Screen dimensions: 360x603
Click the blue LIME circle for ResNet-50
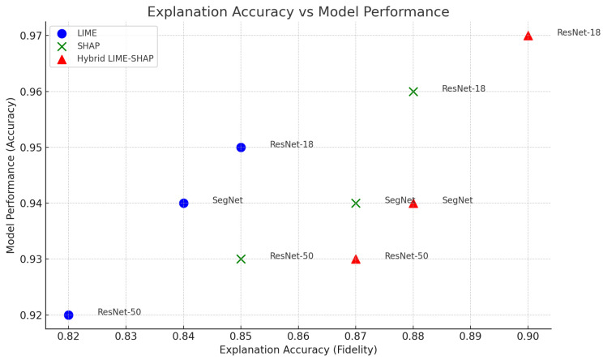pyautogui.click(x=68, y=315)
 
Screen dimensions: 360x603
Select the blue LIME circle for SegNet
pyautogui.click(x=183, y=203)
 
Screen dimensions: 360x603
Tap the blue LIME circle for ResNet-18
pyautogui.click(x=241, y=147)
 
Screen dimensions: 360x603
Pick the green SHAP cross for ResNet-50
pyautogui.click(x=241, y=259)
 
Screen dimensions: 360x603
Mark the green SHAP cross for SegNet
pyautogui.click(x=356, y=203)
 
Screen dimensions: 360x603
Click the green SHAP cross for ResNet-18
pyautogui.click(x=413, y=92)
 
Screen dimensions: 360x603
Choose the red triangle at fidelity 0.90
pyautogui.click(x=528, y=36)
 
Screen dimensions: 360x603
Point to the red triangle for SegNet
pyautogui.click(x=413, y=203)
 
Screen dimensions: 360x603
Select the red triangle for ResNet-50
pyautogui.click(x=356, y=259)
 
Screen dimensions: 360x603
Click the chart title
pyautogui.click(x=297, y=11)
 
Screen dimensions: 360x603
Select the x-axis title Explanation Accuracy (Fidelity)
pyautogui.click(x=297, y=349)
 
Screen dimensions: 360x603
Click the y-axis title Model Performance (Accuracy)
pyautogui.click(x=11, y=174)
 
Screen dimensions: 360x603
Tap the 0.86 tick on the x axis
pyautogui.click(x=298, y=335)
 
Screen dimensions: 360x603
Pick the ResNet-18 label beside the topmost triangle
pyautogui.click(x=578, y=33)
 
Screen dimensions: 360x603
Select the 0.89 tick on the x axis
pyautogui.click(x=471, y=335)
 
